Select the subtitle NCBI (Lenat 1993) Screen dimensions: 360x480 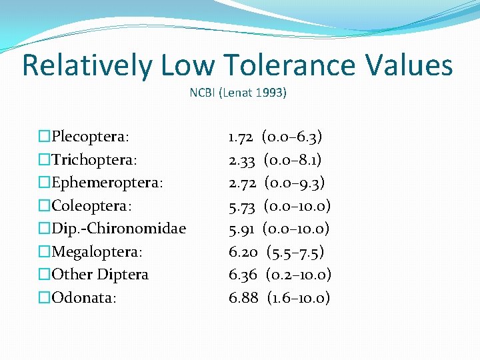pyautogui.click(x=238, y=93)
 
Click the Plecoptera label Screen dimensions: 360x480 pyautogui.click(x=91, y=137)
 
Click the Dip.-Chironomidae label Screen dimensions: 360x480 pyautogui.click(x=119, y=229)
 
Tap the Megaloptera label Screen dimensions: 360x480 pyautogui.click(x=97, y=252)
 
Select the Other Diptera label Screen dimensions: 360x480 pyautogui.click(x=100, y=275)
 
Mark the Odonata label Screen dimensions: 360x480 pyautogui.click(x=84, y=297)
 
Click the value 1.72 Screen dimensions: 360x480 pyautogui.click(x=240, y=137)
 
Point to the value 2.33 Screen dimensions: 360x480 pyautogui.click(x=241, y=160)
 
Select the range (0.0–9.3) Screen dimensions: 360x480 pyautogui.click(x=295, y=183)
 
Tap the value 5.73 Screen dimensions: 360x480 pyautogui.click(x=241, y=206)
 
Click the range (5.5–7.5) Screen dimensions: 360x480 pyautogui.click(x=296, y=252)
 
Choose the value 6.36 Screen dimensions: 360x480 pyautogui.click(x=243, y=275)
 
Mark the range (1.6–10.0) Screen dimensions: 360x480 pyautogui.click(x=299, y=297)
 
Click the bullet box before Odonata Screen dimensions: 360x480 pyautogui.click(x=45, y=297)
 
